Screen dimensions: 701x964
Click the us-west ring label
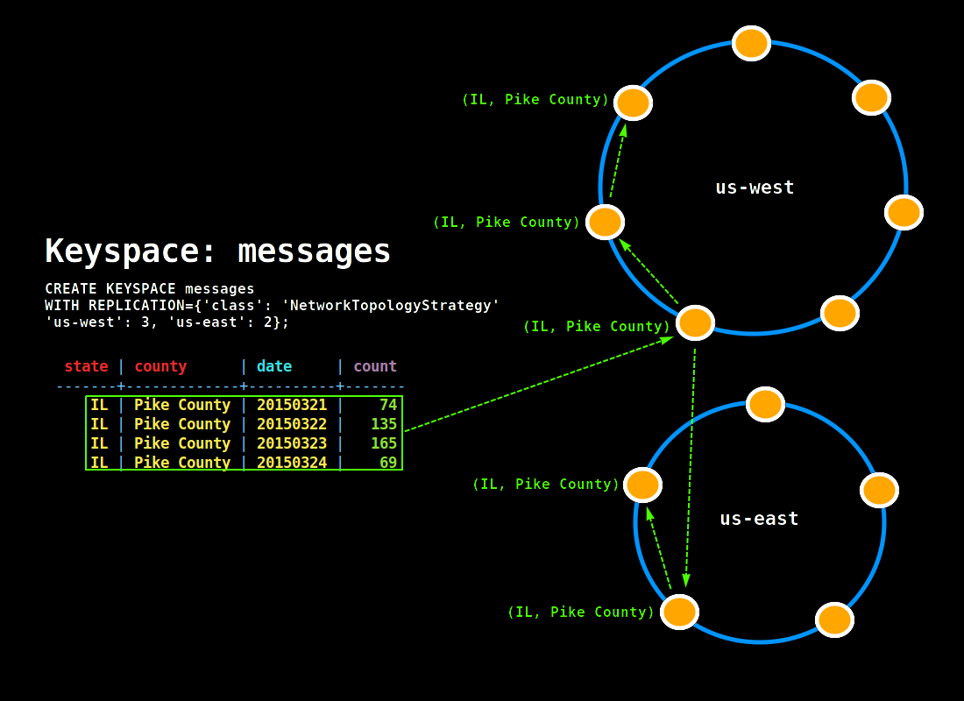[x=755, y=187]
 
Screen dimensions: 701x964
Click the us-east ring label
[x=759, y=518]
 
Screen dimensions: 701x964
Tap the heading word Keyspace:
[x=132, y=251]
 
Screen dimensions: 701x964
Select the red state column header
[x=86, y=366]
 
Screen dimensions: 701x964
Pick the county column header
[x=160, y=366]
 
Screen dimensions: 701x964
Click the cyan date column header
[x=274, y=366]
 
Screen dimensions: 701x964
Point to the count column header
[x=375, y=366]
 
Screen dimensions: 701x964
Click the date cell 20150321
[x=292, y=405]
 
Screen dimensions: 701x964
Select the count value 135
[x=384, y=424]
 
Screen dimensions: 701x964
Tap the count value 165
[x=384, y=443]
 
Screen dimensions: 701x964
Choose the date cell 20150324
[x=292, y=463]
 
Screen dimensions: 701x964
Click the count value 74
[x=388, y=405]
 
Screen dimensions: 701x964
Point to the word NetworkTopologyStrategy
[x=390, y=305]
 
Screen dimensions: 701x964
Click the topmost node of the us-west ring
[x=751, y=43]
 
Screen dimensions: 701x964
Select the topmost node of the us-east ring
[x=765, y=404]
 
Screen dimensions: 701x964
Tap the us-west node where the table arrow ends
[x=695, y=322]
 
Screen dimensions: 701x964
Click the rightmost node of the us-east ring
[x=879, y=490]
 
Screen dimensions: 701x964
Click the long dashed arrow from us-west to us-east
[x=691, y=464]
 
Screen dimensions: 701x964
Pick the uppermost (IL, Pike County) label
[x=535, y=100]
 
